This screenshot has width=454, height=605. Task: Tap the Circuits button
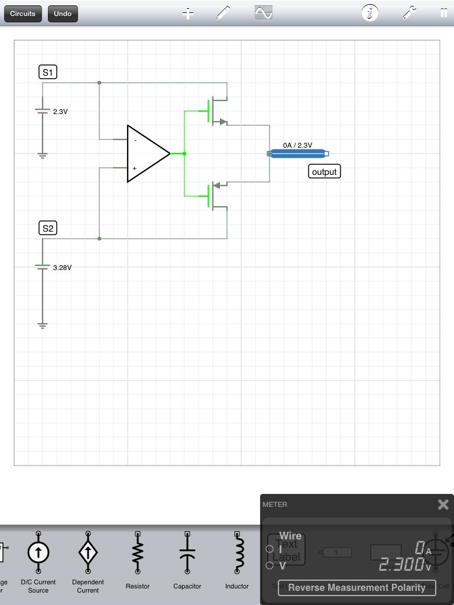pos(23,14)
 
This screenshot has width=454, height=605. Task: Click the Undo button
pos(63,14)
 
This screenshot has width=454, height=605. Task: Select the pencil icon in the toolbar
pos(223,13)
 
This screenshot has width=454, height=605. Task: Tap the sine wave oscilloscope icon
pos(264,13)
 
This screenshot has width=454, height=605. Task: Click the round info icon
pos(370,13)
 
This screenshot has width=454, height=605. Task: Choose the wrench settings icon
pos(410,13)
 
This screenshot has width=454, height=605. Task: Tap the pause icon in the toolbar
pos(443,13)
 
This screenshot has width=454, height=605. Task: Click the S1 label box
pos(48,73)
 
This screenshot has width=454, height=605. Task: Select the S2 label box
pos(48,228)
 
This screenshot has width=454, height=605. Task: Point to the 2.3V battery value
pos(60,111)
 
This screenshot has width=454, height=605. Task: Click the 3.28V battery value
pos(62,267)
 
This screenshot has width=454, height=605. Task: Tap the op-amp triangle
pos(145,154)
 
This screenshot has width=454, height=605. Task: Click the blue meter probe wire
pos(299,154)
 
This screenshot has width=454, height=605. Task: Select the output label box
pos(324,172)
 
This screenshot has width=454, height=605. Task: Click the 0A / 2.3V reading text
pos(297,145)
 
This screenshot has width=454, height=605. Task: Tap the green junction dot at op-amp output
pos(184,154)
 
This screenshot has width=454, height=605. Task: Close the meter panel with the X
pos(443,505)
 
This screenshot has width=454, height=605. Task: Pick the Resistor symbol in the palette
pos(138,553)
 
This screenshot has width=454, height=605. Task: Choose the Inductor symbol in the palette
pos(237,553)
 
